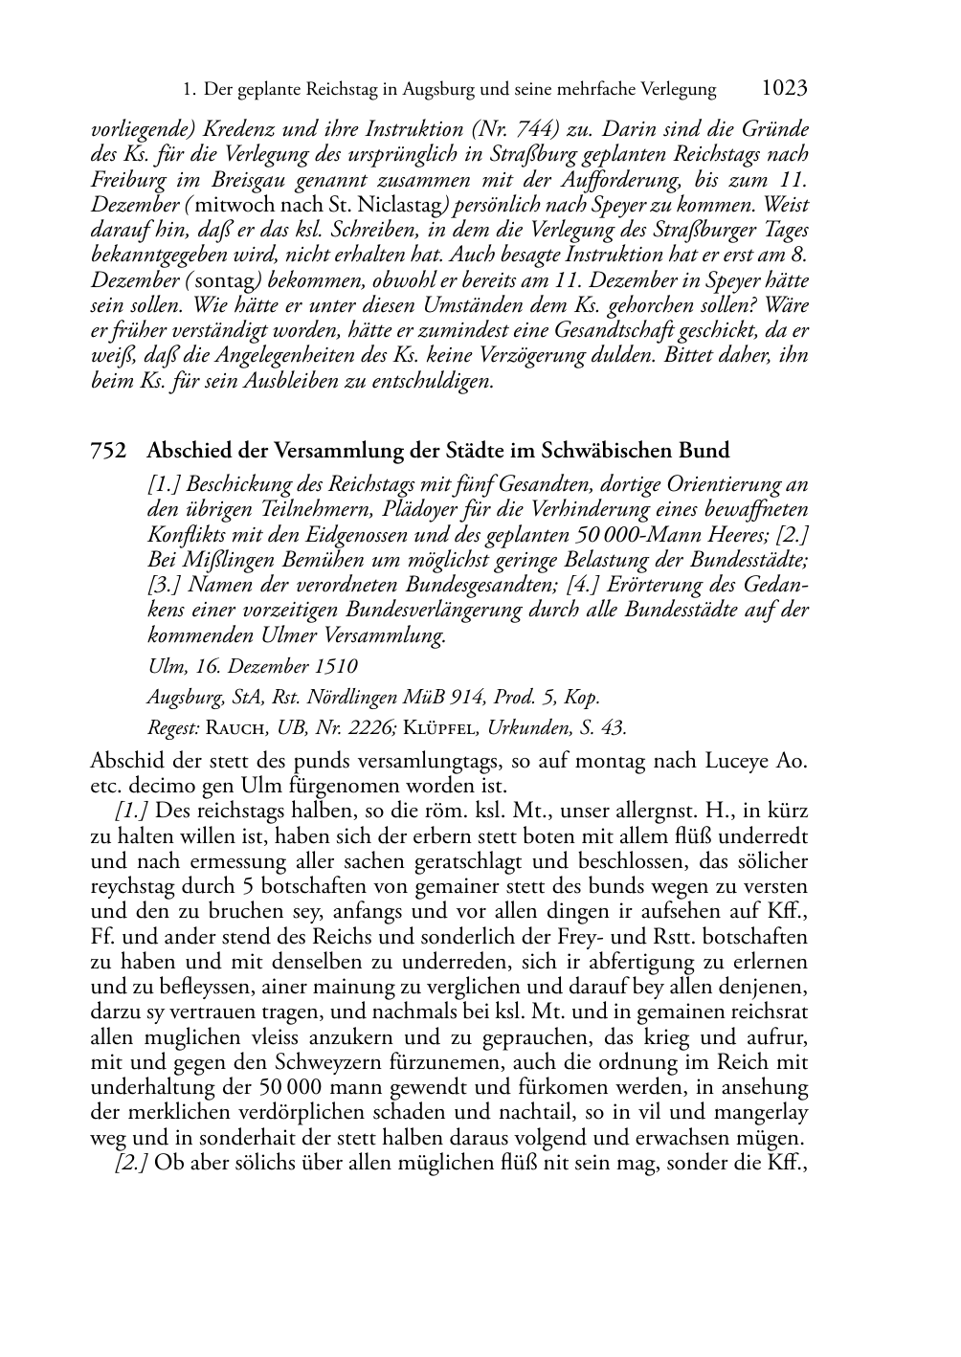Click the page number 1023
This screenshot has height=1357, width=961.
784,89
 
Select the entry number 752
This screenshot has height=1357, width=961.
108,450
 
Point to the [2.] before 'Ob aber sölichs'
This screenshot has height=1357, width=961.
131,1163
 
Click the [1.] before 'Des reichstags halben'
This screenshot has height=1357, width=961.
131,811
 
